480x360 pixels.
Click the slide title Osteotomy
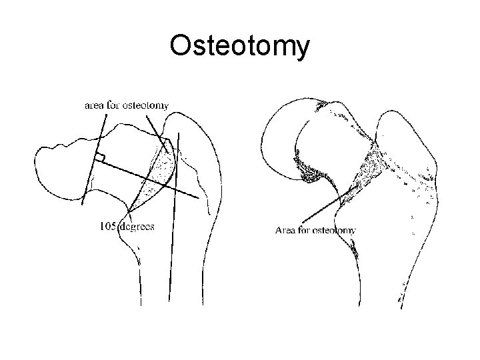(239, 46)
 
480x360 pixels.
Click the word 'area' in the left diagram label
(93, 105)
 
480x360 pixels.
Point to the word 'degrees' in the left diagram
(137, 226)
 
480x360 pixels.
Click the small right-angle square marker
(99, 157)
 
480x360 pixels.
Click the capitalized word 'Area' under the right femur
(285, 231)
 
